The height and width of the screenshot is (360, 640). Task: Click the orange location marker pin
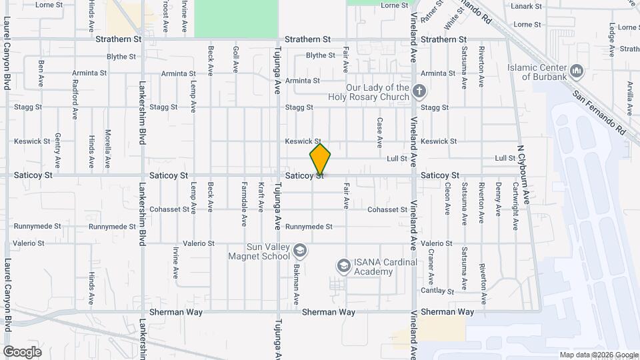click(320, 159)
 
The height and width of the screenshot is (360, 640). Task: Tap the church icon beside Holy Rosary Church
click(419, 90)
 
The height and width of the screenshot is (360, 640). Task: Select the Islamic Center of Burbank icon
click(577, 70)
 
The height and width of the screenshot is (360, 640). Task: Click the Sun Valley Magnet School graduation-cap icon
click(300, 250)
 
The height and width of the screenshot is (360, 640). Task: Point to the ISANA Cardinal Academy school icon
click(343, 266)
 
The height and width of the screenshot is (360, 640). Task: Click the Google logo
click(22, 351)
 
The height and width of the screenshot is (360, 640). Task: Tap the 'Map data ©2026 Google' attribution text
click(598, 355)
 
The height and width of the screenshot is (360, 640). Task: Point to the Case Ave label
click(379, 132)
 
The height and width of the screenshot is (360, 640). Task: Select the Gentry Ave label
click(58, 149)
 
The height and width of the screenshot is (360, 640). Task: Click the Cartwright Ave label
click(515, 207)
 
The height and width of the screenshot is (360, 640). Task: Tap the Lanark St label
click(527, 7)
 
